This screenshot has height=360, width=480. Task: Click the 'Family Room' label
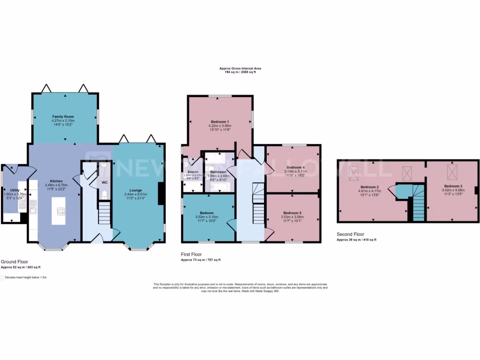pyautogui.click(x=63, y=117)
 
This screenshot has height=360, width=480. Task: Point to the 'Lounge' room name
pyautogui.click(x=136, y=190)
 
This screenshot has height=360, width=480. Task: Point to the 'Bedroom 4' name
pyautogui.click(x=296, y=167)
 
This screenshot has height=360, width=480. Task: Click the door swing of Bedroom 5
pyautogui.click(x=269, y=233)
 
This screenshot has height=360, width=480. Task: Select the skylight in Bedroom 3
pyautogui.click(x=453, y=171)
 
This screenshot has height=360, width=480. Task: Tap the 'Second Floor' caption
pyautogui.click(x=350, y=234)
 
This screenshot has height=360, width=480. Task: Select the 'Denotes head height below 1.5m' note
pyautogui.click(x=27, y=277)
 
